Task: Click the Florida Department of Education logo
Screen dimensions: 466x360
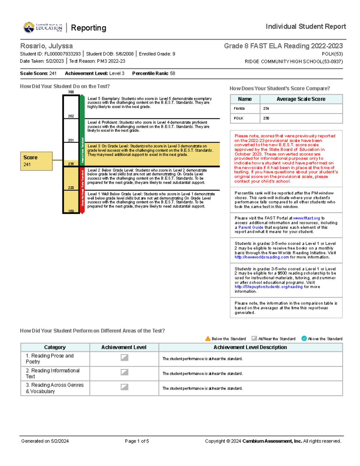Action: pyautogui.click(x=43, y=28)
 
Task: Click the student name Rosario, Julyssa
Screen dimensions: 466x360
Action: pyautogui.click(x=46, y=46)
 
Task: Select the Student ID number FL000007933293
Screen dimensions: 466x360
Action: pyautogui.click(x=62, y=54)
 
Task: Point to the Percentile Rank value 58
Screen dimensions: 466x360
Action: pyautogui.click(x=172, y=74)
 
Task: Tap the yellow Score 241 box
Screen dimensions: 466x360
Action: pyautogui.click(x=36, y=161)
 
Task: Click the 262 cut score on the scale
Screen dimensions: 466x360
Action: pyautogui.click(x=71, y=116)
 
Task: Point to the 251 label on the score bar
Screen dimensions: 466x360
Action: pyautogui.click(x=71, y=140)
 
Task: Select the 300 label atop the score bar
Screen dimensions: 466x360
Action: pyautogui.click(x=71, y=92)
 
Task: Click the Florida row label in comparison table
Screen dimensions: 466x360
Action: pyautogui.click(x=239, y=109)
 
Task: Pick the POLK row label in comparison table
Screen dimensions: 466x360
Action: pyautogui.click(x=238, y=118)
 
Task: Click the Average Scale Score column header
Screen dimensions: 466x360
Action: pyautogui.click(x=301, y=99)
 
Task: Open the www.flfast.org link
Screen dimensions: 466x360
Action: pyautogui.click(x=306, y=218)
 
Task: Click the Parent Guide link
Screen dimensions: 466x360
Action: pyautogui.click(x=251, y=227)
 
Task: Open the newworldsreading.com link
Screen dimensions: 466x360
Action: pyautogui.click(x=262, y=257)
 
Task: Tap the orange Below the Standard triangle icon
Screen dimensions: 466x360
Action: pyautogui.click(x=208, y=339)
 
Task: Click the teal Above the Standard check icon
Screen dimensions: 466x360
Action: pyautogui.click(x=304, y=338)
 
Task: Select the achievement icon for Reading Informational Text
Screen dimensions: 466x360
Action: pyautogui.click(x=124, y=372)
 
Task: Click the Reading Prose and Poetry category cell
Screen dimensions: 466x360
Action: pyautogui.click(x=55, y=359)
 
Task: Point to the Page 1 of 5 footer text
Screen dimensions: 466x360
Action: pyautogui.click(x=137, y=441)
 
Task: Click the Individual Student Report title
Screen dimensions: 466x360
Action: pyautogui.click(x=306, y=27)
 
